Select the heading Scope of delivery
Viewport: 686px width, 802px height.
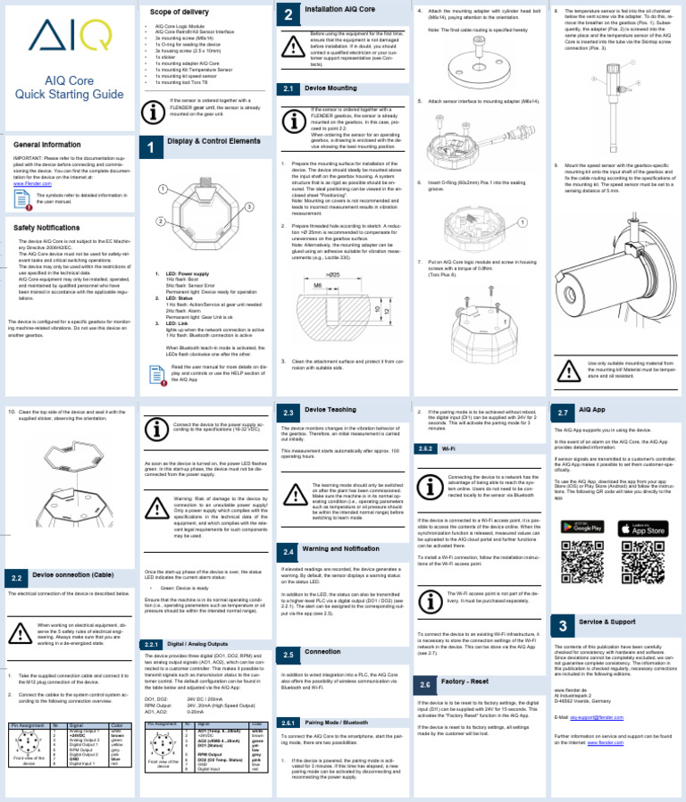180,12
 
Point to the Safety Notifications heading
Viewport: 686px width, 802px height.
53,228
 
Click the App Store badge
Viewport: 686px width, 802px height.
642,529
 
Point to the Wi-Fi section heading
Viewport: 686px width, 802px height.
452,450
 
